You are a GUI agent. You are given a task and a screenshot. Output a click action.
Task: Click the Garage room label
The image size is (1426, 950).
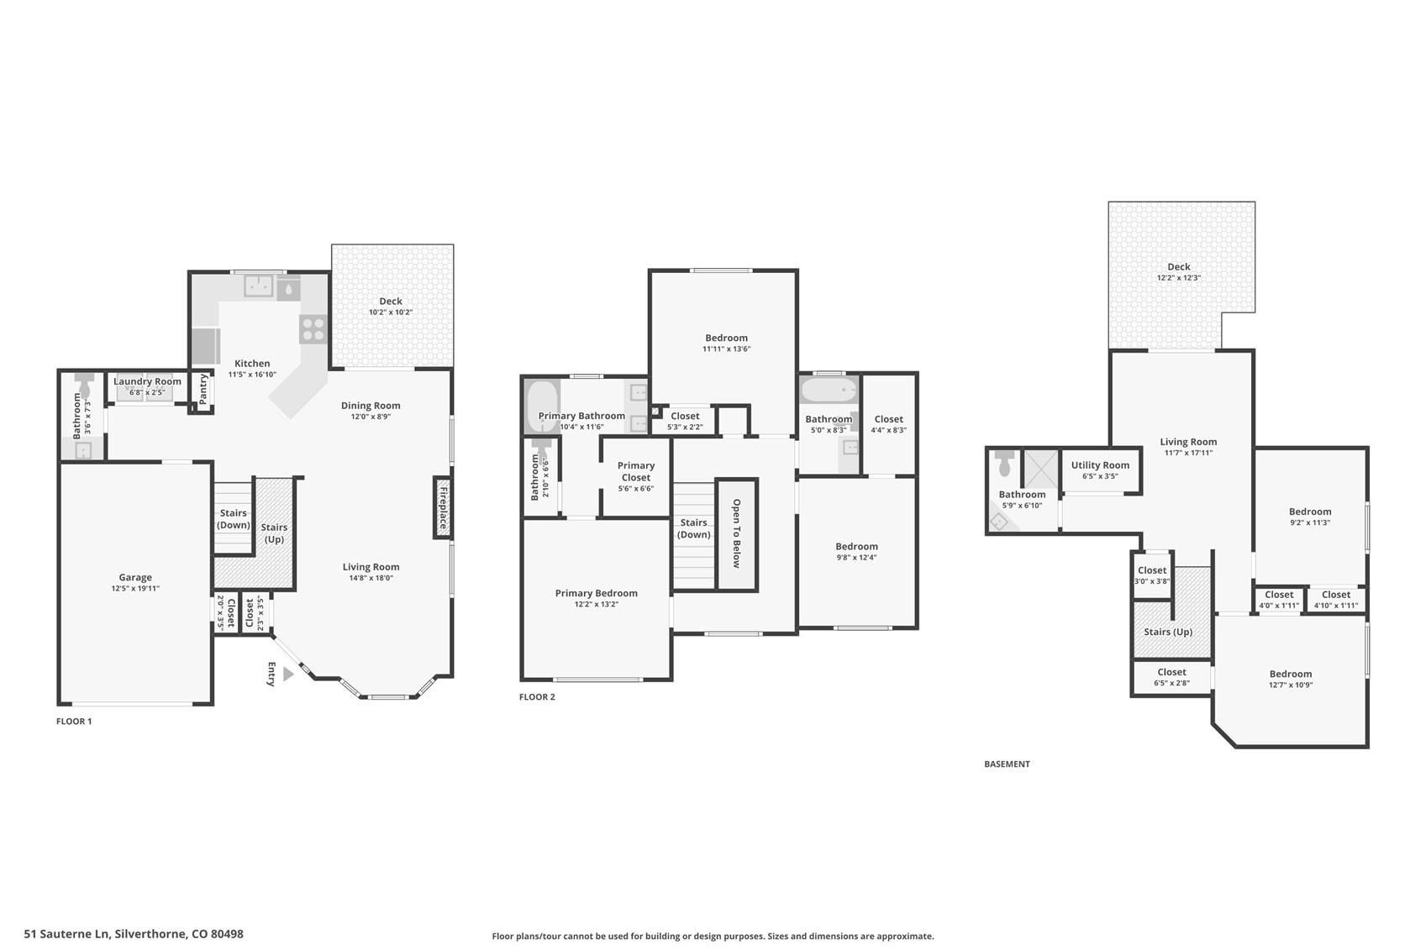[134, 577]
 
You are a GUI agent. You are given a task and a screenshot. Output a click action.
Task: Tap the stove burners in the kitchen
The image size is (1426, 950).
[313, 328]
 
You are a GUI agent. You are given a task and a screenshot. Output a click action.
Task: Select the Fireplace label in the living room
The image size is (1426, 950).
[443, 506]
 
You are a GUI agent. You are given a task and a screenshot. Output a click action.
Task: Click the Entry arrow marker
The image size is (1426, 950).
[288, 674]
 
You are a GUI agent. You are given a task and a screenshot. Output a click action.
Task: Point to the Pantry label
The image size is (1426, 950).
[203, 389]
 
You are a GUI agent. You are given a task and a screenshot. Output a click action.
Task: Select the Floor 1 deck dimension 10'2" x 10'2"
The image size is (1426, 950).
[391, 312]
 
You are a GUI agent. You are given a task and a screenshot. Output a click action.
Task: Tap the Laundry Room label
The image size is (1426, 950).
[147, 381]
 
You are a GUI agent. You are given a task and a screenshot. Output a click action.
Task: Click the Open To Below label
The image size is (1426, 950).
[736, 533]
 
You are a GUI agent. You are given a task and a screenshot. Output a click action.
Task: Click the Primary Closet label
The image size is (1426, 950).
[636, 471]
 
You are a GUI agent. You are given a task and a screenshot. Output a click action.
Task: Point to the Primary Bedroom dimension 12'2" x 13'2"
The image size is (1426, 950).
[597, 604]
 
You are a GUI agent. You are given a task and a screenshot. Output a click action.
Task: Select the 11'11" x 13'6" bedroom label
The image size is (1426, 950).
[726, 338]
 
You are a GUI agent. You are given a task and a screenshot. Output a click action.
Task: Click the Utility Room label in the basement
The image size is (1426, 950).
[1100, 465]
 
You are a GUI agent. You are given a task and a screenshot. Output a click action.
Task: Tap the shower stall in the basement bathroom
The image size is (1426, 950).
[1041, 469]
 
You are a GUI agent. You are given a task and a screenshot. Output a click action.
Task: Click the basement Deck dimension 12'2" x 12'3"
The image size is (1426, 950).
[1179, 278]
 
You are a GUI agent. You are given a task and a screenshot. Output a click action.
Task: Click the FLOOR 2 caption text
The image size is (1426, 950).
[537, 697]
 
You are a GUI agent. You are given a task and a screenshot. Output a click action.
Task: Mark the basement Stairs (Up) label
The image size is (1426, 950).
[1168, 632]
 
